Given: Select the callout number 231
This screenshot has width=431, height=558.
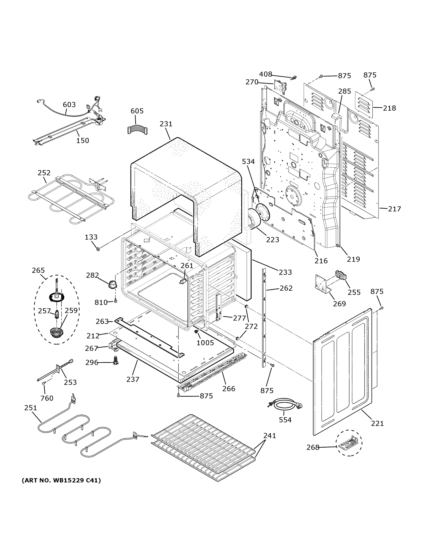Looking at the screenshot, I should pos(166,124).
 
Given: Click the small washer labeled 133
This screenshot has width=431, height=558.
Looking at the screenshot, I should pos(98,249).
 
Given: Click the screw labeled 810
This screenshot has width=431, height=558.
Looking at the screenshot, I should pos(115,301).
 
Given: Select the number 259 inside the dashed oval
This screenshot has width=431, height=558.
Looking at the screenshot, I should pos(71,310).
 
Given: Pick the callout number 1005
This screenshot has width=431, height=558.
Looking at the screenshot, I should pos(205,343).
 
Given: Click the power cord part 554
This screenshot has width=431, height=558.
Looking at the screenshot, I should pos(286,405).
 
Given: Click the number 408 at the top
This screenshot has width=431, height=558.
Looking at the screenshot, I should pos(266,74).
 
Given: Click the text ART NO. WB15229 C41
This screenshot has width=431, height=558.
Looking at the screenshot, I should pos(61,480).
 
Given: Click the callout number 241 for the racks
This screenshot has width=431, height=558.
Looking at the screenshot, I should pos(270,435).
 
